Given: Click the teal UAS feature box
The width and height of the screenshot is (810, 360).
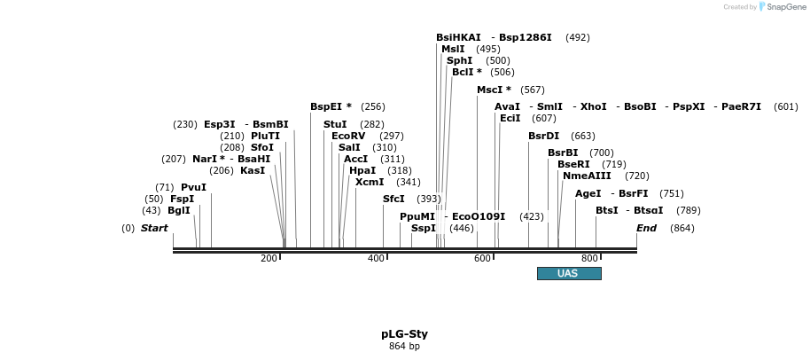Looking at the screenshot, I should click(x=569, y=273).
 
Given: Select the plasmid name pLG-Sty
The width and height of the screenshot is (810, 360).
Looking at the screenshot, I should click(x=404, y=334).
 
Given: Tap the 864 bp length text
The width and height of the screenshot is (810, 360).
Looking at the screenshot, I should click(x=404, y=346).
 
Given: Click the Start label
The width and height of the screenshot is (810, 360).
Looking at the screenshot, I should click(x=154, y=228).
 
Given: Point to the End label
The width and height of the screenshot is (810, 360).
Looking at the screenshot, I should click(x=647, y=228).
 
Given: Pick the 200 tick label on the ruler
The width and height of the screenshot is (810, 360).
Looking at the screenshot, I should click(x=269, y=258).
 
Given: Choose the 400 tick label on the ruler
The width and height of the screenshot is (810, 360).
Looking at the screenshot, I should click(x=376, y=258).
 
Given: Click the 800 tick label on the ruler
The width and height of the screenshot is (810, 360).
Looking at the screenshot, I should click(x=589, y=258).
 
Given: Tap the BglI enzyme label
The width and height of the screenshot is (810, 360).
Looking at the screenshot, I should click(x=179, y=210).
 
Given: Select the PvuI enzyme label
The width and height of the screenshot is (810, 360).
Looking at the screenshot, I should click(x=193, y=187).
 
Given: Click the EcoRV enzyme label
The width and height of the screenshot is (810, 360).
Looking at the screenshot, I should click(x=348, y=136).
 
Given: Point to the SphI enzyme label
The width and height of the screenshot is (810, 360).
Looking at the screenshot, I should click(x=459, y=60).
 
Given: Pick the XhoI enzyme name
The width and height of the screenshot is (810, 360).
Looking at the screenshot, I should click(x=594, y=106).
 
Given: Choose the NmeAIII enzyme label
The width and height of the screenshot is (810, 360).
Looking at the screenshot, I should click(x=587, y=176).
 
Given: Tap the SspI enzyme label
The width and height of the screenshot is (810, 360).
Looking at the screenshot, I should click(x=424, y=228).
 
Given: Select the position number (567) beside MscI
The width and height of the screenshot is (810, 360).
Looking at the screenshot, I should click(x=533, y=90).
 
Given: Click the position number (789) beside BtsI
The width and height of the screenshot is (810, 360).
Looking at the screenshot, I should click(x=688, y=210).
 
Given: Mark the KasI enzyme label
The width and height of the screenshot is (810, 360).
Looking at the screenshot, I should click(x=253, y=170).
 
